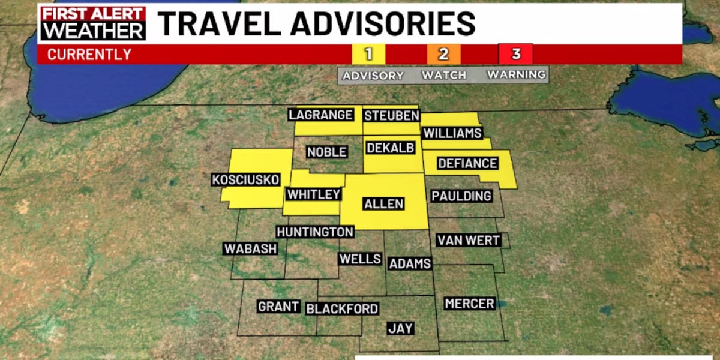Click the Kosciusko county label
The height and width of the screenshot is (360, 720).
246,179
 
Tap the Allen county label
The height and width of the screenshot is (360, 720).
384,204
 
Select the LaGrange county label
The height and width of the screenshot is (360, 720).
320,115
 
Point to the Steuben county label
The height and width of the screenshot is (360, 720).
391,116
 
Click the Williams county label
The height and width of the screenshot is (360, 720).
452,133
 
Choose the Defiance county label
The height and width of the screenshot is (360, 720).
467,163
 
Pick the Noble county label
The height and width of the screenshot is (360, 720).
327,152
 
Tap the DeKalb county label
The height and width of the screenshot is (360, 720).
391,148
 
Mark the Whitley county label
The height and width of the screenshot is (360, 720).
314,194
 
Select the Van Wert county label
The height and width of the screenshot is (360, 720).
469,241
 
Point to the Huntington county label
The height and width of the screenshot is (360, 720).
315,232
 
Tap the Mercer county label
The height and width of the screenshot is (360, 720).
470,304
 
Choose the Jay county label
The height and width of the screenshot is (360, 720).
401,328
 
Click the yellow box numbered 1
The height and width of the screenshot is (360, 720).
368,54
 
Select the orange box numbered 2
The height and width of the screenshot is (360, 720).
443,54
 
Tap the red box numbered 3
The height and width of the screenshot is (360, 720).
516,54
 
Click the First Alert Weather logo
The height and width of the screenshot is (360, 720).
94,23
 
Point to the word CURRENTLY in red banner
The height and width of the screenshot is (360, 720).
89,55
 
